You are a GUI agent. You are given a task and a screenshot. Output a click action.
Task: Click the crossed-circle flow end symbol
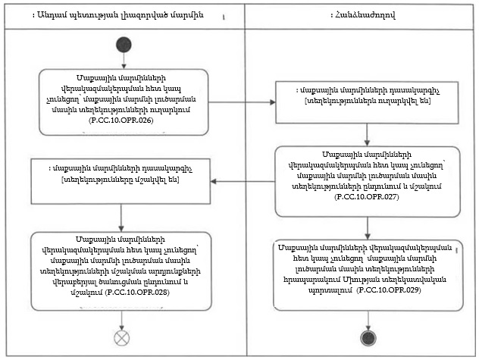tap(122, 337)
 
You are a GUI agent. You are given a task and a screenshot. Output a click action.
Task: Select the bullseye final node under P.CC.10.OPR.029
tap(368, 337)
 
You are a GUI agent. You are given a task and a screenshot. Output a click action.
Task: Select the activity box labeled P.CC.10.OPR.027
tap(368, 182)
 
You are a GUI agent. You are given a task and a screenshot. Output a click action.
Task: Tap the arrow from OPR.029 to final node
tap(368, 320)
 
